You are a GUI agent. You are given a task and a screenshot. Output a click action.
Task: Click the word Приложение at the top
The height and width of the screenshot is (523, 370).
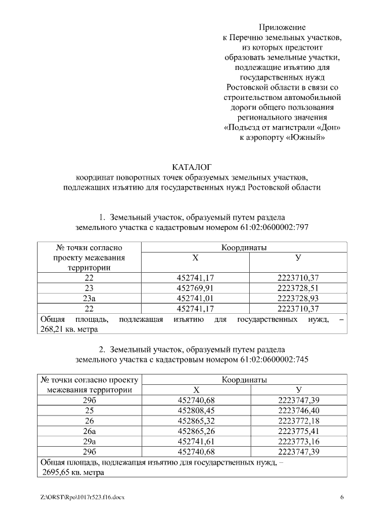pyautogui.click(x=282, y=27)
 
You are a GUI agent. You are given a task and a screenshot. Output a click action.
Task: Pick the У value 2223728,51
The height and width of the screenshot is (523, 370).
pyautogui.click(x=298, y=287)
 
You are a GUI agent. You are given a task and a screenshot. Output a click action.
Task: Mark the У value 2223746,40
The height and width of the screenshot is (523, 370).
pyautogui.click(x=298, y=410)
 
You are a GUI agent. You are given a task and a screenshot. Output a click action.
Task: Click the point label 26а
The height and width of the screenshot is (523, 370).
pyautogui.click(x=89, y=430)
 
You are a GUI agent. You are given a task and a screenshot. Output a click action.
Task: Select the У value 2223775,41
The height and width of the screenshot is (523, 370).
pyautogui.click(x=298, y=430)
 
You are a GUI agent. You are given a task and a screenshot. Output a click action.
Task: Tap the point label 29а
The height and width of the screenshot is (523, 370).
pyautogui.click(x=89, y=440)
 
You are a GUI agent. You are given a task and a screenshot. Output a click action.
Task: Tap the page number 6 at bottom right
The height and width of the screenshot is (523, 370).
pyautogui.click(x=342, y=498)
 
